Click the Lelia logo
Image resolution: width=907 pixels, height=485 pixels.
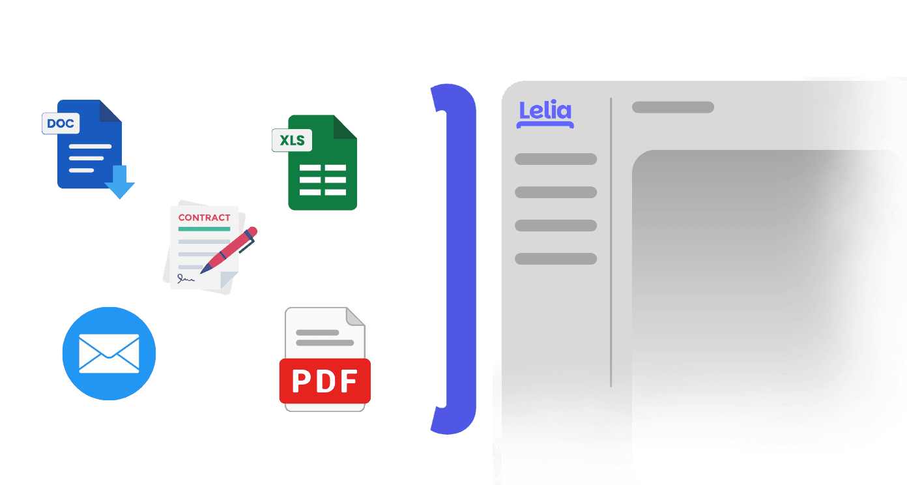(545, 113)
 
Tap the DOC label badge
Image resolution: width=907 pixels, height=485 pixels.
(61, 123)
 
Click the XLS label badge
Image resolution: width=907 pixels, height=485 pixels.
(292, 140)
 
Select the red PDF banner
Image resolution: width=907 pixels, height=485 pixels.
(324, 381)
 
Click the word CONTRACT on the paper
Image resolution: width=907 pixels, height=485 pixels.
(204, 218)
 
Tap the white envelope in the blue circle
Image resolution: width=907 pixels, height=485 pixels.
(109, 353)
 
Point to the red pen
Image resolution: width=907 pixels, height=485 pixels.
(230, 249)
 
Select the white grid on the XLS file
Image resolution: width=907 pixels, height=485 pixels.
(323, 180)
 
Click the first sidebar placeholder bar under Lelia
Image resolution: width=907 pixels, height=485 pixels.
(556, 159)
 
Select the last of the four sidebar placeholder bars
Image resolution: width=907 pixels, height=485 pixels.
(556, 259)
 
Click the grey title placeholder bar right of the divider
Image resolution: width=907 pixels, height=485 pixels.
(672, 107)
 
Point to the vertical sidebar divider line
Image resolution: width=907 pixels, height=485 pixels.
(611, 242)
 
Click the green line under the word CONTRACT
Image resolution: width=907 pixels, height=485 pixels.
(204, 229)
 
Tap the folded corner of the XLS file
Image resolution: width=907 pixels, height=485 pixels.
(345, 126)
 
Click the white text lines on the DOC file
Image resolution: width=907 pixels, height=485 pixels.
(86, 158)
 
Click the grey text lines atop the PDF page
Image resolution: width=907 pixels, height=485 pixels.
(324, 338)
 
